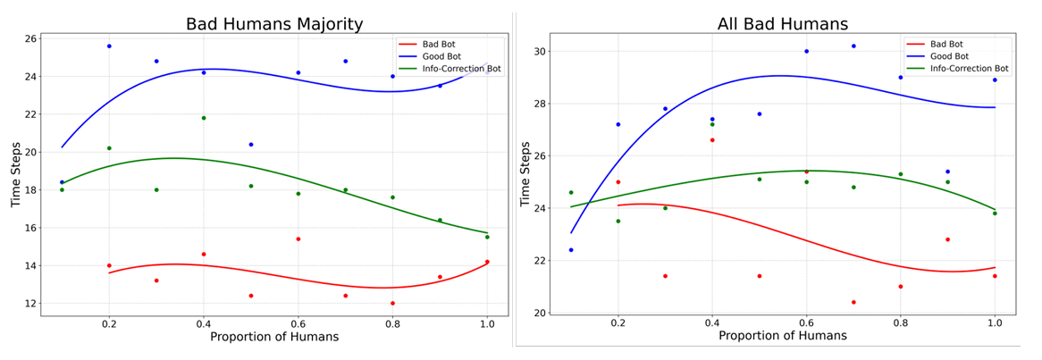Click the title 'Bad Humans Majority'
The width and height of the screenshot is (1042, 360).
pos(274,24)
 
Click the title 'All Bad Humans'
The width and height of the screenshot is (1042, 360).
pos(782,24)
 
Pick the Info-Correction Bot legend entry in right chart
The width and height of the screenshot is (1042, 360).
pos(971,68)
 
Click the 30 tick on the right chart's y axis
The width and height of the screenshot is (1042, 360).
pos(540,52)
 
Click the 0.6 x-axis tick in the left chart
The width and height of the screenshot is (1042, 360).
pos(298,326)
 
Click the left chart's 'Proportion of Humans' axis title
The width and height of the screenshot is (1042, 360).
pos(274,338)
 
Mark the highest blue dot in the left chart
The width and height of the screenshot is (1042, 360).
pos(109,46)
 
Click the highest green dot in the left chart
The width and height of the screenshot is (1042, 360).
pos(204,118)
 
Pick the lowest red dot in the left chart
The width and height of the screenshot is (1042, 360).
pos(392,303)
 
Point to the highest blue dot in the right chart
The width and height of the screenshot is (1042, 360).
pos(853,46)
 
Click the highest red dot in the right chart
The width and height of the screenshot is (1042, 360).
pos(712,140)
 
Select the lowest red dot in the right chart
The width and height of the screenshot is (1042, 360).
pos(853,302)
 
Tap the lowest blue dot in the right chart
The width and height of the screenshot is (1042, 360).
pos(571,250)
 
